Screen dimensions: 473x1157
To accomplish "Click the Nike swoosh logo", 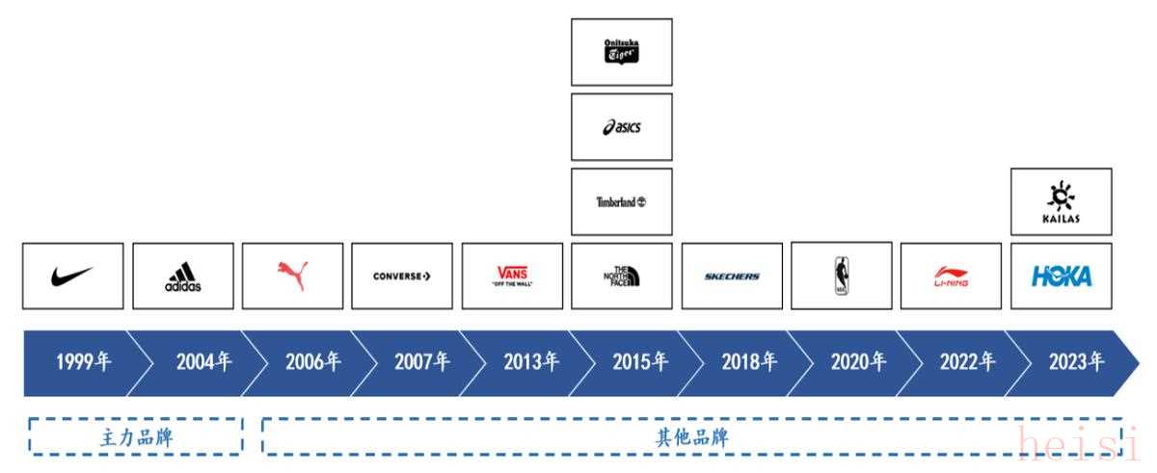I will pos(72,276).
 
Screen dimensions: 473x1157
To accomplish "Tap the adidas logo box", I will pos(182,276).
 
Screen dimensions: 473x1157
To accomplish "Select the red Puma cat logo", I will pos(292,276).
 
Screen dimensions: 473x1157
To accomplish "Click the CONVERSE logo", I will pos(401,276).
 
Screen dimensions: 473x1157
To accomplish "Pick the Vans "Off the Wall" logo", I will pos(511,276).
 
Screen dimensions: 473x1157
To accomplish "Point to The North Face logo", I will pos(621,276).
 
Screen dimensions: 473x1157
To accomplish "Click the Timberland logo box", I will pos(621,202).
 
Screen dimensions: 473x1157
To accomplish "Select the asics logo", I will pos(621,127).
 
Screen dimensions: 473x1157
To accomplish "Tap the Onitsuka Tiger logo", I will pos(621,51).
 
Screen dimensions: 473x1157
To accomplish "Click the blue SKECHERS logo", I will pos(731,276).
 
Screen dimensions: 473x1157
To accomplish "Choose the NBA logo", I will pos(841,276).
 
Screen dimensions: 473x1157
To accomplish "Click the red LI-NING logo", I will pos(951,277).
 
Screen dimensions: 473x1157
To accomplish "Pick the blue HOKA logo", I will pos(1061,276).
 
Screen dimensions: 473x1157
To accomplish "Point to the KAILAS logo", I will pos(1061,202).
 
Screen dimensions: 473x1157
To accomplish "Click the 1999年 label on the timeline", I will pos(83,362).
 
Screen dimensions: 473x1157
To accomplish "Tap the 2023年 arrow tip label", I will pos(1077,362).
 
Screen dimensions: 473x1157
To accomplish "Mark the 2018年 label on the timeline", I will pos(749,362).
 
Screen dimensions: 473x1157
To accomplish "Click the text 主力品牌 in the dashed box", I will pos(136,437).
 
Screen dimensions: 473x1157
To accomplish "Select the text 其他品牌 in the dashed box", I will pos(691,437).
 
